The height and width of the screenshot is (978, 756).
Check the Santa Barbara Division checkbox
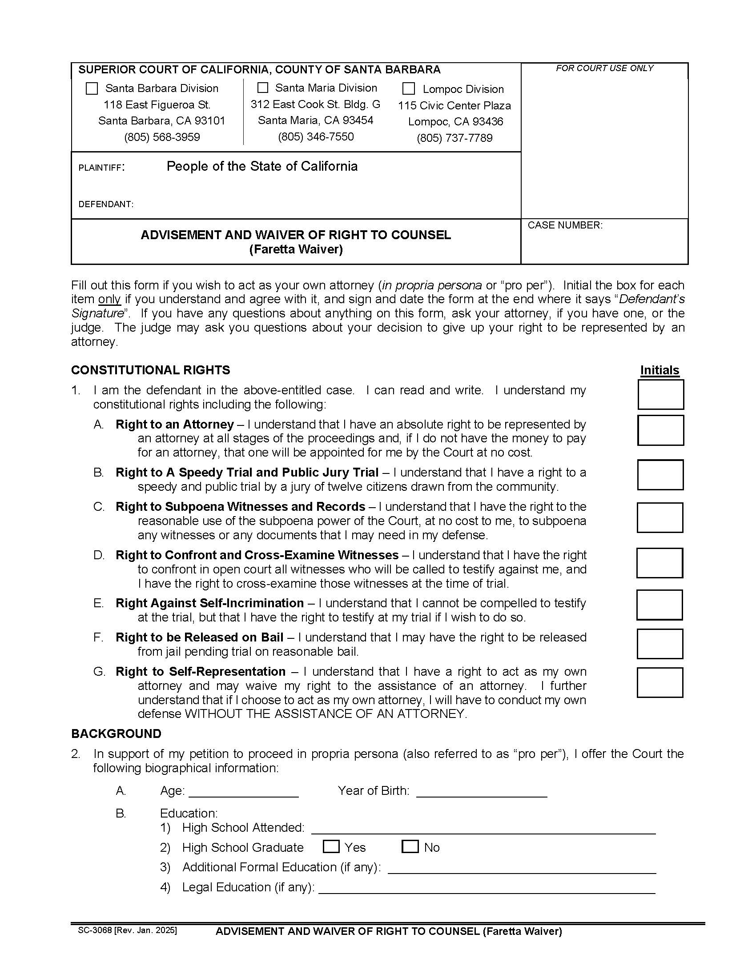coord(91,88)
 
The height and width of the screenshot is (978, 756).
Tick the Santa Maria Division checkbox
coord(263,87)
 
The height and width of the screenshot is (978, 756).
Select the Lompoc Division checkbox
coord(408,88)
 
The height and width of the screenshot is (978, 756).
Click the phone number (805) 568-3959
coord(162,137)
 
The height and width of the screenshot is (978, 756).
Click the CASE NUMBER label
coord(564,225)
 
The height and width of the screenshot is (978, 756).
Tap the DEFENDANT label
coord(106,204)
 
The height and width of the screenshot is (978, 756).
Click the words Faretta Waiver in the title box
coord(296,249)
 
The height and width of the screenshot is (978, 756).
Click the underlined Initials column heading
coord(659,370)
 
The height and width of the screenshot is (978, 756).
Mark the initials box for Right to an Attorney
coord(660,430)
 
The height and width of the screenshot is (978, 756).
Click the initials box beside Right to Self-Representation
coord(659,682)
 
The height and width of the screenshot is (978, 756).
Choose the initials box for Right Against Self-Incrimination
coord(659,605)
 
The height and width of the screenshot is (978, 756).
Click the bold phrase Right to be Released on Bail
coord(199,637)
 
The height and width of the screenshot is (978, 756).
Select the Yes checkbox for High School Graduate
coord(331,846)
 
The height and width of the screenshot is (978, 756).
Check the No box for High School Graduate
coord(410,846)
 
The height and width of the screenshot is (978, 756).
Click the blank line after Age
coord(244,792)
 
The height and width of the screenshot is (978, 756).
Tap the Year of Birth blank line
coord(482,792)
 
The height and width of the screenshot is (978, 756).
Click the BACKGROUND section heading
coord(116,733)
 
